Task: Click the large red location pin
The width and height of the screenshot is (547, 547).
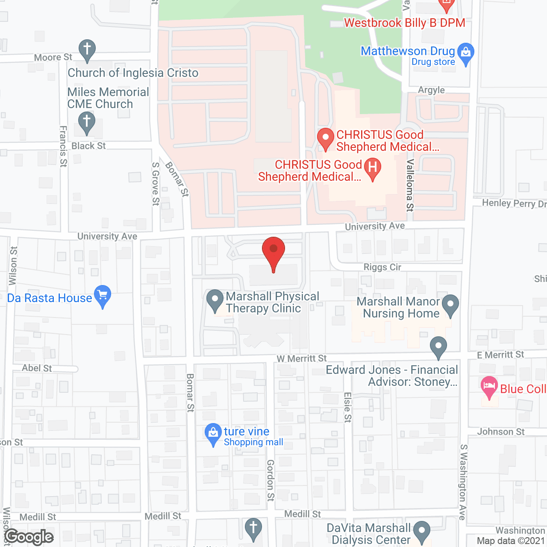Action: point(273,252)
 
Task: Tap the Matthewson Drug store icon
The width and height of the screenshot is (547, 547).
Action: point(465,53)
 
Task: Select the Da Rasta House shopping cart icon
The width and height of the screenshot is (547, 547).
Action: point(103,296)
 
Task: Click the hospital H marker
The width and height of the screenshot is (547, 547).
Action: point(372,168)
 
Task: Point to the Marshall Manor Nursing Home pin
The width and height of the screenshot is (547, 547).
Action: point(450,305)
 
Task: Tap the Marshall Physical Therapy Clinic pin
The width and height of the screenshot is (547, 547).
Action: point(215,300)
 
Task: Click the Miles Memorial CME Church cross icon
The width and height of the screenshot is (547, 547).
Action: point(87,122)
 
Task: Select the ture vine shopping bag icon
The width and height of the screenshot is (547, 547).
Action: point(213,434)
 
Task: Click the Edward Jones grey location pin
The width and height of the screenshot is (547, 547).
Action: point(438,347)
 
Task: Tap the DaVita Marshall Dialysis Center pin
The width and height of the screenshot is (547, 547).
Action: point(422,532)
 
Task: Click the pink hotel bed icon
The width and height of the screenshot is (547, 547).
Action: point(489,387)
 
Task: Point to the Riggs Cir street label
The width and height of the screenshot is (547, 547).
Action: point(382,267)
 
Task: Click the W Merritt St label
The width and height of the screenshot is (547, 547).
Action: point(301,359)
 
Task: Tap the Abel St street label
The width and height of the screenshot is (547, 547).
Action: point(37,368)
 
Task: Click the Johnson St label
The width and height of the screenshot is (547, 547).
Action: point(500,432)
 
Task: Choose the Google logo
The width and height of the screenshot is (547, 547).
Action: point(29,537)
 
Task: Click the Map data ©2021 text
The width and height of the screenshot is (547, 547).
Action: point(511,541)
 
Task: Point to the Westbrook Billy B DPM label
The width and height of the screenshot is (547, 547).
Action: point(404,23)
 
